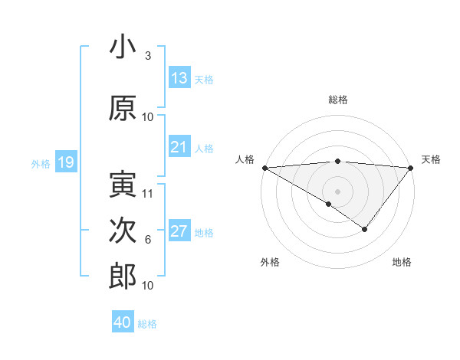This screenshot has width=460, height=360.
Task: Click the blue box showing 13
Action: point(179,78)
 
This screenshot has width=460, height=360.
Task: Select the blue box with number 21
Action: point(179,147)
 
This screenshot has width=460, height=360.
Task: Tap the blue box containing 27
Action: point(179,232)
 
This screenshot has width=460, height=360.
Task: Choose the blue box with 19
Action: point(65,162)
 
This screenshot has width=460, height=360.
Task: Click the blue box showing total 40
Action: point(123,322)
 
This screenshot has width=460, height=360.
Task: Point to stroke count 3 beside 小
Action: point(147,56)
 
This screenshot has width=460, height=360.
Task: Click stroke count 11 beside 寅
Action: point(148,194)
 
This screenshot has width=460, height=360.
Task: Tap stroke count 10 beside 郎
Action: point(148,286)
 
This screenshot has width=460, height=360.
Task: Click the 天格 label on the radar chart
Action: point(431,159)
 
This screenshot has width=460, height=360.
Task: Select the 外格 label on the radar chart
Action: point(270,262)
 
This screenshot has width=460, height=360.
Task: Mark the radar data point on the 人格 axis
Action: point(264,168)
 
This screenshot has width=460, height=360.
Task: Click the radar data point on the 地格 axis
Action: point(365,229)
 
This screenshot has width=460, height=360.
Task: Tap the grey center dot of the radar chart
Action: point(337,191)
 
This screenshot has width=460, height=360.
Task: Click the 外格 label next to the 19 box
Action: point(40,163)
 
